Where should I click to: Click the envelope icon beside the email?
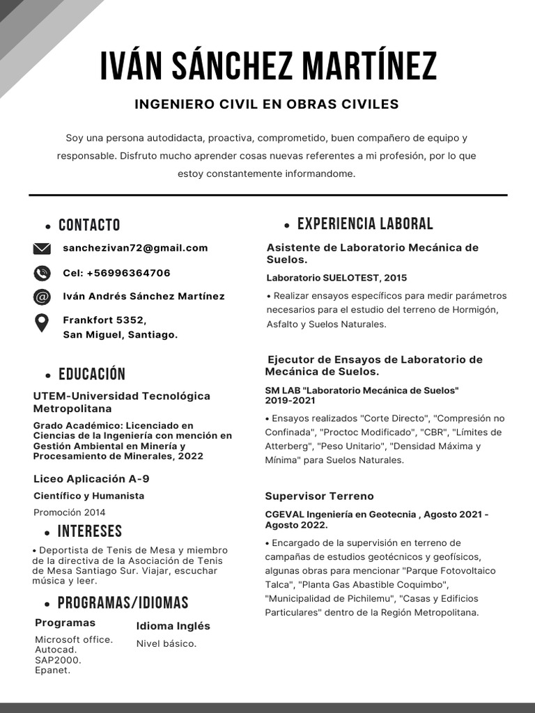click(42, 249)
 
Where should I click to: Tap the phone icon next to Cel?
click(42, 273)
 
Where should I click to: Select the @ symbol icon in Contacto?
click(42, 297)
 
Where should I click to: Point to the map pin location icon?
click(42, 323)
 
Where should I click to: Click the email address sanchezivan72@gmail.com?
click(135, 248)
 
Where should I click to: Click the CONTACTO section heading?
click(89, 225)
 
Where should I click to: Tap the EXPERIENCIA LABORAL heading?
click(365, 224)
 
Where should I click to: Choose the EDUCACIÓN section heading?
click(92, 375)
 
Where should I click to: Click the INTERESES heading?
click(90, 532)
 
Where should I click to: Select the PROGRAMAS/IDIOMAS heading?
click(123, 603)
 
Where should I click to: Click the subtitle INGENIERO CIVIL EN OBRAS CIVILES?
click(267, 104)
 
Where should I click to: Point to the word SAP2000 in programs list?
click(58, 660)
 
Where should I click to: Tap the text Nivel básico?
click(166, 644)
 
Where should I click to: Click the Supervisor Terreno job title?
click(319, 496)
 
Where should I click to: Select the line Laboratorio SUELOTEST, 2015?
click(336, 278)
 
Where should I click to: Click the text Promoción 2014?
click(70, 512)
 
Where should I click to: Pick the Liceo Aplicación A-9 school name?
click(91, 479)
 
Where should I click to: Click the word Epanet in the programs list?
click(52, 671)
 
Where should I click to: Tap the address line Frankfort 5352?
click(104, 320)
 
